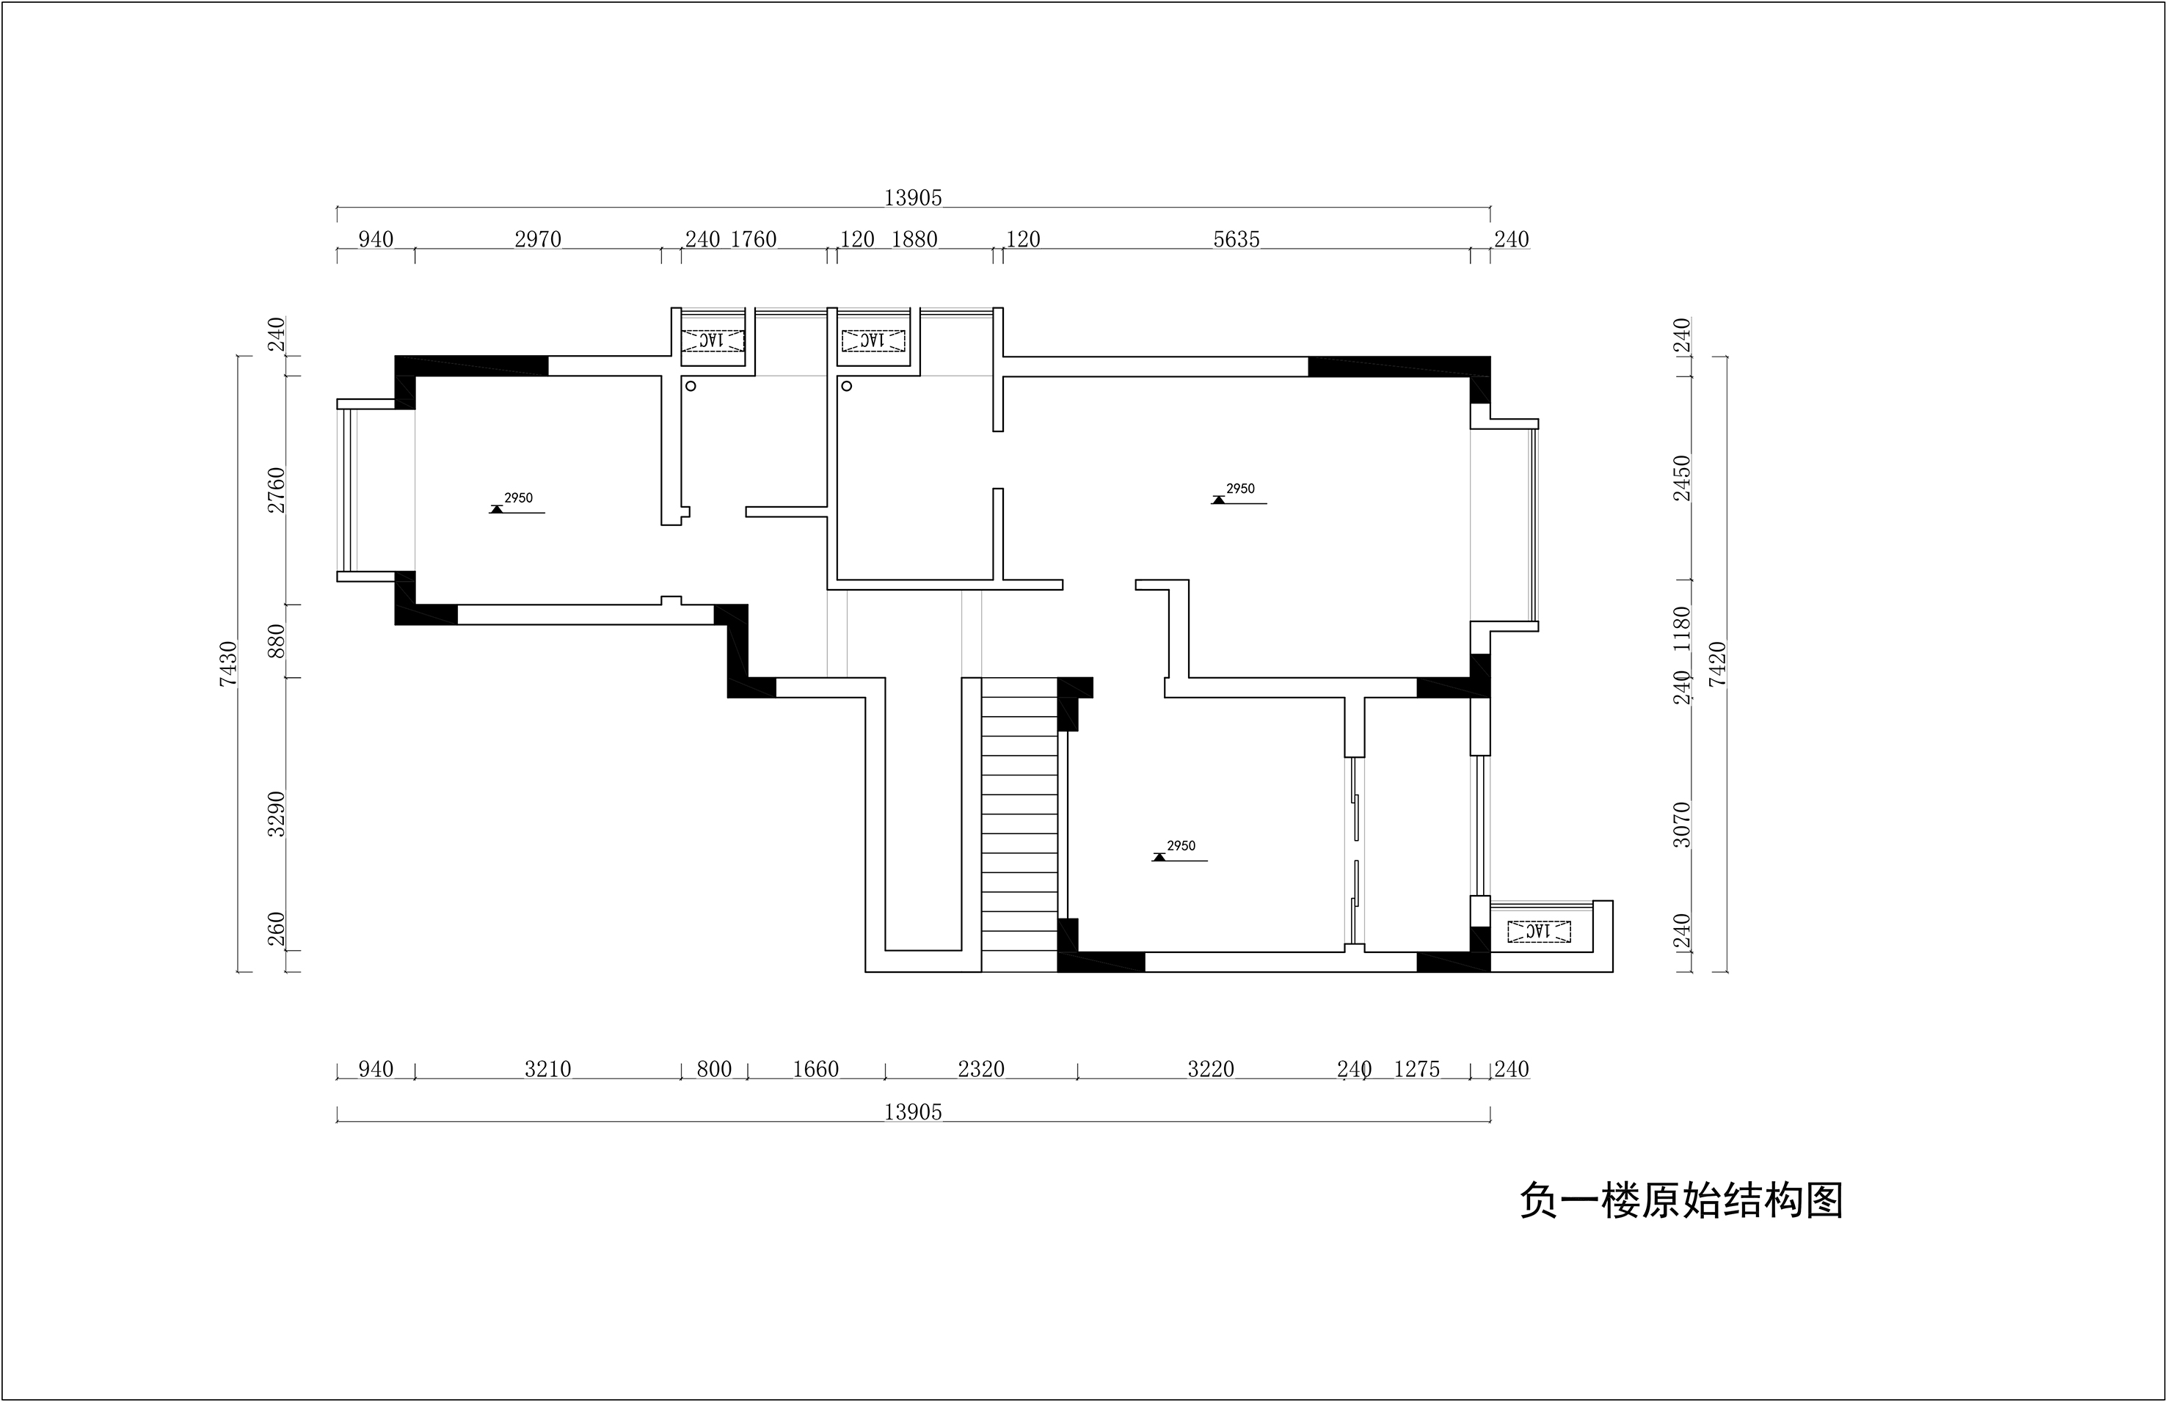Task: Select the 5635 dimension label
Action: (1237, 239)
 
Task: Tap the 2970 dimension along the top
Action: (538, 239)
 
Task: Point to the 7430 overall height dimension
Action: (227, 664)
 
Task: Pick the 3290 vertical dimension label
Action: (277, 814)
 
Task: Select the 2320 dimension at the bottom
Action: (982, 1069)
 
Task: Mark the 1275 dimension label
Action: (1417, 1069)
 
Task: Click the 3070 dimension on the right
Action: (1682, 825)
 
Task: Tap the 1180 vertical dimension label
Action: (1682, 628)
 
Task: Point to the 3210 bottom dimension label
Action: (548, 1069)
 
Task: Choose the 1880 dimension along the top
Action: (914, 239)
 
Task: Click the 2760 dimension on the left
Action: (277, 490)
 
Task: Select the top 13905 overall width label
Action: (913, 197)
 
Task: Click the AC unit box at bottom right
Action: (1539, 931)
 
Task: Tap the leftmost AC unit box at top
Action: (714, 340)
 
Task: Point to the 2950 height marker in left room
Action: (517, 504)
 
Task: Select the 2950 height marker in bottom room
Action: (1180, 852)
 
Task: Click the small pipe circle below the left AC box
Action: (691, 386)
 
